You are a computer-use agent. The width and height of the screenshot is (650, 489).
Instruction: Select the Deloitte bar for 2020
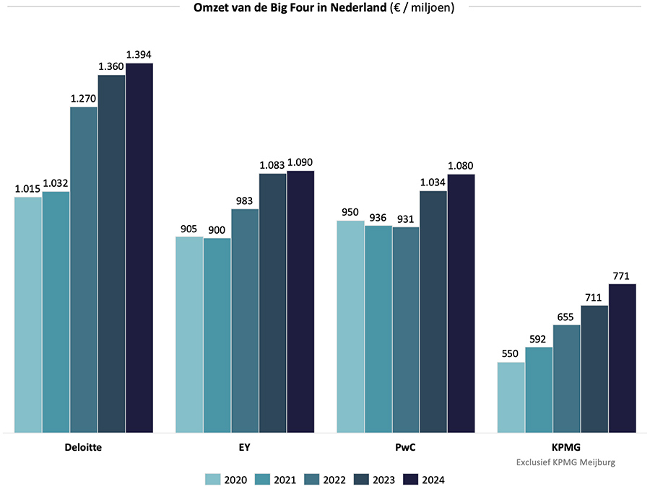point(28,314)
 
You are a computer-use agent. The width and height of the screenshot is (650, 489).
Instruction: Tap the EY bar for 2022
point(245,321)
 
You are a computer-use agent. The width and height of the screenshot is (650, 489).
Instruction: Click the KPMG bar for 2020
point(511,397)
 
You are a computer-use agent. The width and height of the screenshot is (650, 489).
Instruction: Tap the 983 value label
point(245,201)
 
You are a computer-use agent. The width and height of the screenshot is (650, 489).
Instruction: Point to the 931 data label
point(406,219)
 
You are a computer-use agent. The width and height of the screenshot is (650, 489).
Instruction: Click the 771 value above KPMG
point(622,276)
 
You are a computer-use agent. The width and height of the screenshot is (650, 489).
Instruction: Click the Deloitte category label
point(84,447)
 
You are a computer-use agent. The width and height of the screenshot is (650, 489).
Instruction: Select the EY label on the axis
point(245,447)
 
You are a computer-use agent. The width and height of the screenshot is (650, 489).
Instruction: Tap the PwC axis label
point(406,447)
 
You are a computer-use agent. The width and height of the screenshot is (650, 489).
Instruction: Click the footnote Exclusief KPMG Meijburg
point(566,462)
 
